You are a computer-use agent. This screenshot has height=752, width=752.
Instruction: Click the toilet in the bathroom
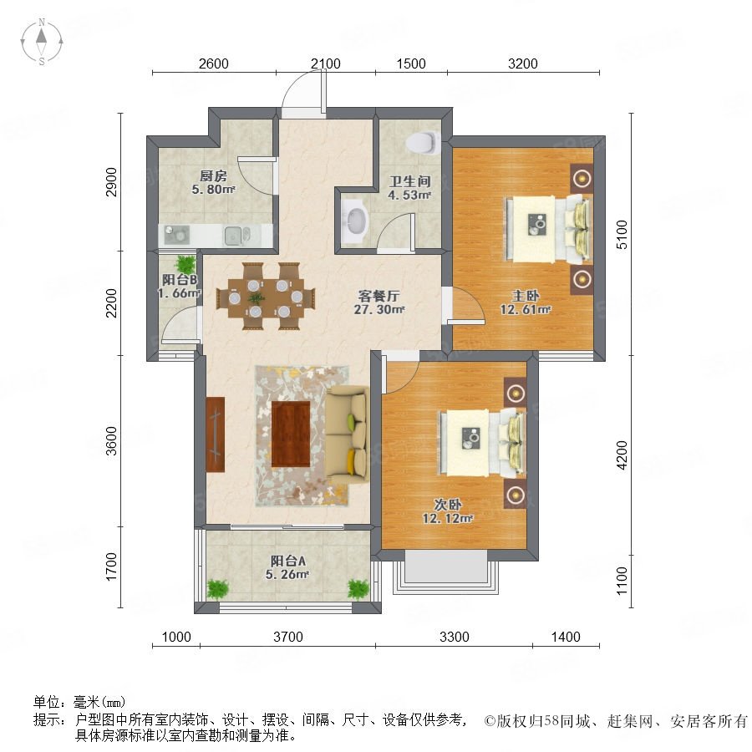[x=423, y=143]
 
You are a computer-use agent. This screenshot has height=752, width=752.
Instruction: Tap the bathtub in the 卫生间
[x=356, y=221]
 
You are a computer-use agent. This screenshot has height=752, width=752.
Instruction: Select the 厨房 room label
[x=213, y=176]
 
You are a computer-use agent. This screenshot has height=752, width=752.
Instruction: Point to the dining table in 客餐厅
[x=266, y=297]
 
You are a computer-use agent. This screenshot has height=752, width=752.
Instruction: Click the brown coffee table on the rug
[x=291, y=434]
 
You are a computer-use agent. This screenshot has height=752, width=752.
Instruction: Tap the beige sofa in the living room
[x=347, y=436]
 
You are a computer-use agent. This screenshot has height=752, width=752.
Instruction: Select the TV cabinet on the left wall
[x=216, y=434]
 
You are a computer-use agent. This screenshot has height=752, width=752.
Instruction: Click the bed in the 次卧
[x=482, y=443]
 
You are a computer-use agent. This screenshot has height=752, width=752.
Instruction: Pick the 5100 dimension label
[x=622, y=235]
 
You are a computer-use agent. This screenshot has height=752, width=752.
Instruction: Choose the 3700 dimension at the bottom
[x=288, y=637]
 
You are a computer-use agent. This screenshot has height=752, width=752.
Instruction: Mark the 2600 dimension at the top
[x=213, y=64]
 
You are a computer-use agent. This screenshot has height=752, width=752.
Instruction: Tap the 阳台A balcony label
[x=287, y=561]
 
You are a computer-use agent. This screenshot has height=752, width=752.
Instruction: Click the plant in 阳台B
[x=185, y=264]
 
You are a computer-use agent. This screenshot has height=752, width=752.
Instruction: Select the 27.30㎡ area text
[x=379, y=310]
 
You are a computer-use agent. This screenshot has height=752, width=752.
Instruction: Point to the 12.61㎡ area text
[x=526, y=310]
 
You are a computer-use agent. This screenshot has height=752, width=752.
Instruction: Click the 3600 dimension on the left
[x=111, y=440]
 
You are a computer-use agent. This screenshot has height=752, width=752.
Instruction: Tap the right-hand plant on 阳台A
[x=358, y=589]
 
